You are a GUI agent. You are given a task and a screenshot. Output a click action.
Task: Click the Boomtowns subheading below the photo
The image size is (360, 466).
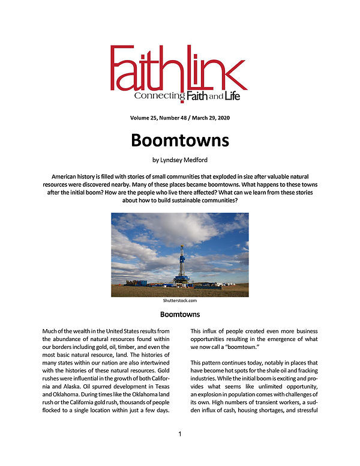[x=179, y=314]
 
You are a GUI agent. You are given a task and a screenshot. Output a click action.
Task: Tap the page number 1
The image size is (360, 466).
[x=180, y=434]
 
